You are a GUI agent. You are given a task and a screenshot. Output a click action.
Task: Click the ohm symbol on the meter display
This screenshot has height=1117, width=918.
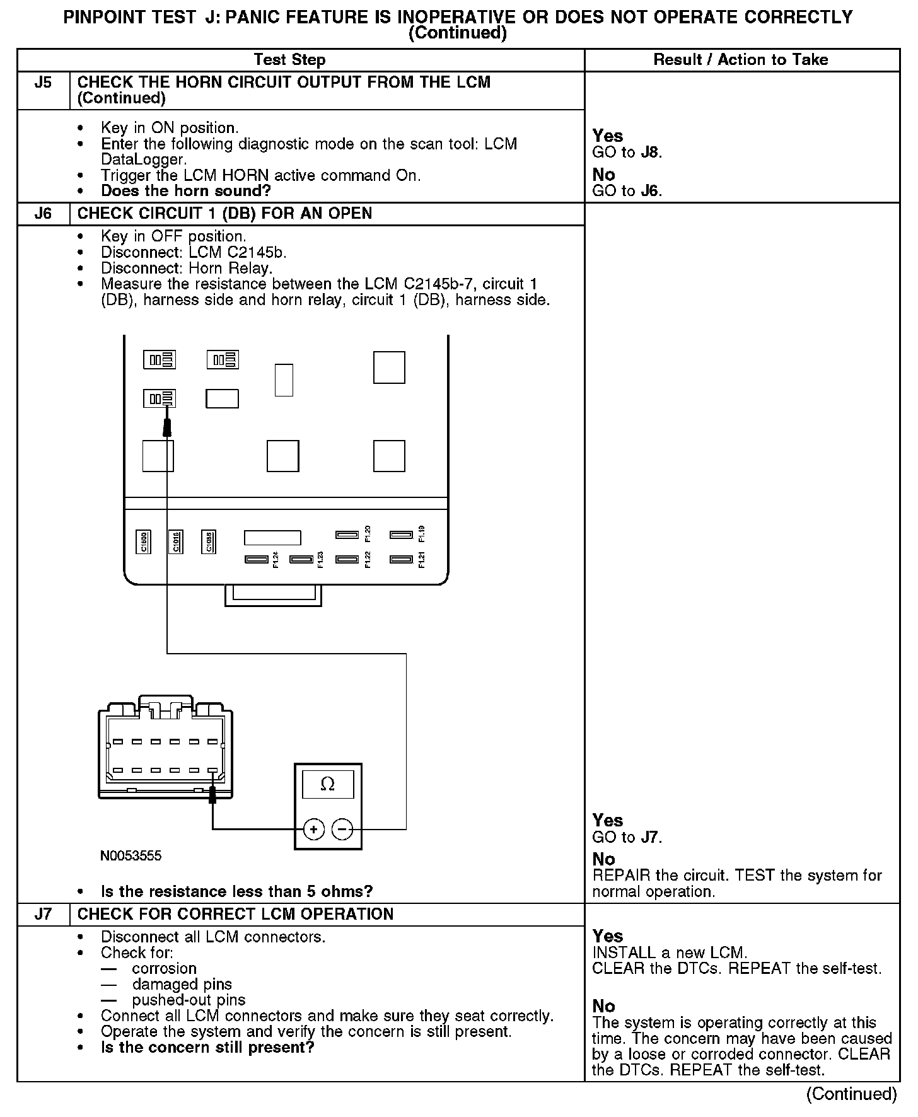(x=328, y=784)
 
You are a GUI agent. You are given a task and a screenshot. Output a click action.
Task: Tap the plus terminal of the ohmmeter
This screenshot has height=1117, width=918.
(x=314, y=829)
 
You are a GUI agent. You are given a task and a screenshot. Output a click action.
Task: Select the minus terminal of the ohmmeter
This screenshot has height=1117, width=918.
(x=342, y=829)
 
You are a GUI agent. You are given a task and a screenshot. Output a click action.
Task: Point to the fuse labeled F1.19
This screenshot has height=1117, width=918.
(x=401, y=535)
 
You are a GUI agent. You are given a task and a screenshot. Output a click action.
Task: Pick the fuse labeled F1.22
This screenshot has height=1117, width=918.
(x=347, y=559)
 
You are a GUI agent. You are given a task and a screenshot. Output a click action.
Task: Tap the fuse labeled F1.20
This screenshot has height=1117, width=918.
(x=347, y=535)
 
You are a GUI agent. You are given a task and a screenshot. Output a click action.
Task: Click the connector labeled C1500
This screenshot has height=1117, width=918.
(x=143, y=541)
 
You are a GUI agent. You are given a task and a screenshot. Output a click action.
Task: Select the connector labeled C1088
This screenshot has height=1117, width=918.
(x=209, y=541)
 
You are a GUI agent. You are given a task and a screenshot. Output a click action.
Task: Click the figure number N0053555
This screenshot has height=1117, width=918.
(x=131, y=855)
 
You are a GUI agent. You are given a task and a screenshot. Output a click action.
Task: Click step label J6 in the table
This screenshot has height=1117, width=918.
(x=43, y=213)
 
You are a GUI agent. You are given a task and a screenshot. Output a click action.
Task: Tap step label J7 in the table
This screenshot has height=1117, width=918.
(x=43, y=914)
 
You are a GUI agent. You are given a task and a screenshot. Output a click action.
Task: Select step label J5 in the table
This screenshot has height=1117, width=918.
(x=43, y=83)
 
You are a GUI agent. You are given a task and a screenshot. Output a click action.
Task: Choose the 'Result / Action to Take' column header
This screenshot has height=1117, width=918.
(x=741, y=60)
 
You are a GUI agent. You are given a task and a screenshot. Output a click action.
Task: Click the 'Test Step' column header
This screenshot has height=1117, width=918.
(x=289, y=60)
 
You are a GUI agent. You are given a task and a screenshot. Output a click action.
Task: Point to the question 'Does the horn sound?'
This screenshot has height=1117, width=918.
(x=186, y=191)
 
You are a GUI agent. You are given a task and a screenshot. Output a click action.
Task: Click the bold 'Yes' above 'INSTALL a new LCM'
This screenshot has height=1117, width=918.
(x=608, y=936)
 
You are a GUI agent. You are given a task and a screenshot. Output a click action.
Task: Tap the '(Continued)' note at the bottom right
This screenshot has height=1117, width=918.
(x=851, y=1094)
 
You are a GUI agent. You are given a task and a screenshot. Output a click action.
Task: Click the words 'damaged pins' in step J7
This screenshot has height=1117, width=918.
(x=182, y=984)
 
